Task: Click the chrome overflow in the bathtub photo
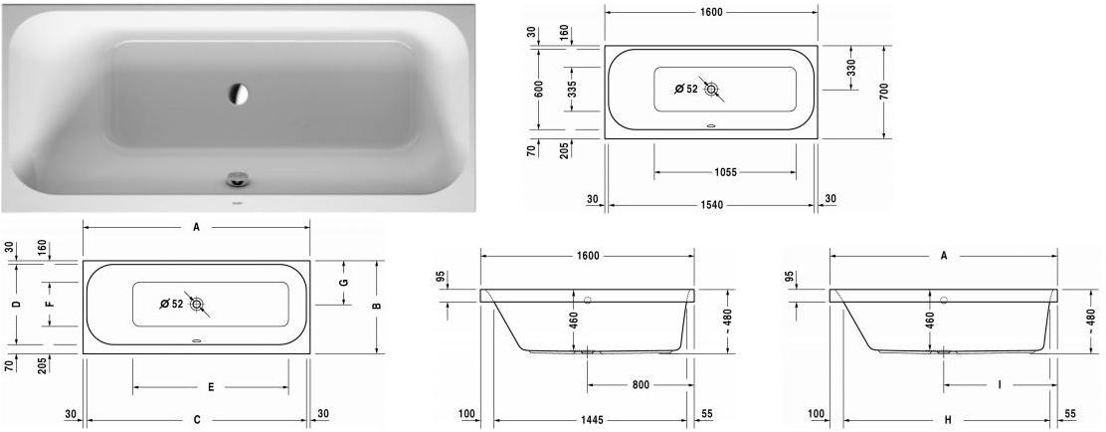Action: point(239,94)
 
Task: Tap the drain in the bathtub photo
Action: point(237,180)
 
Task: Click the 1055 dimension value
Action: point(724,172)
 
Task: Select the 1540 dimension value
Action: point(712,205)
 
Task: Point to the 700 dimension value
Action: point(883,91)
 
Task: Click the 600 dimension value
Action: point(538,89)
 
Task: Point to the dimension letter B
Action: point(376,306)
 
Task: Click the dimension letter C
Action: point(197,419)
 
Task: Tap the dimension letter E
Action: point(211,386)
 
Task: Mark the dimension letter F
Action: point(49,304)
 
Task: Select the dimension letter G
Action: point(343,283)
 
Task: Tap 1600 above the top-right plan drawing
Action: point(709,12)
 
